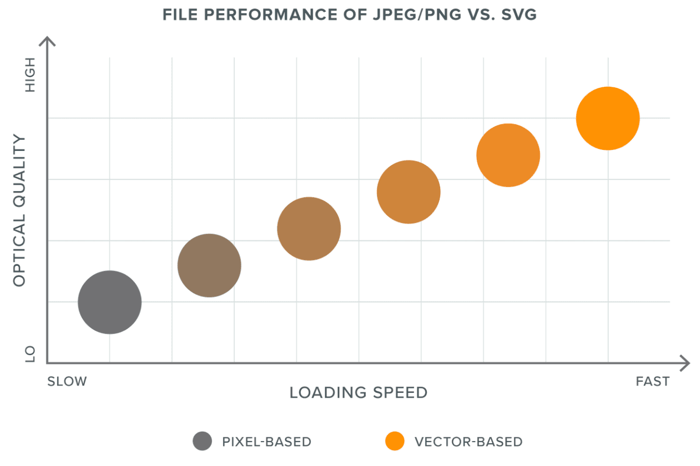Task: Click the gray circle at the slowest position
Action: (109, 302)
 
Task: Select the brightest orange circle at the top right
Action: (608, 118)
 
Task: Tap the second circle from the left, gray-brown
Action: (209, 265)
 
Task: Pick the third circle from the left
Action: (309, 229)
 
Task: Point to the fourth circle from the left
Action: (408, 192)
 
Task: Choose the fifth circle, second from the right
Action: (508, 155)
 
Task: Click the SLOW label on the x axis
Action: (67, 381)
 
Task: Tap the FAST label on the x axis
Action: (652, 381)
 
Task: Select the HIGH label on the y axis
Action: (30, 75)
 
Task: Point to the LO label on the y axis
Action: (30, 354)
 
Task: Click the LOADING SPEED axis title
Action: (358, 393)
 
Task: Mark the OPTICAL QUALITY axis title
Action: (20, 211)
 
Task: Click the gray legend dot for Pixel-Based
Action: (202, 441)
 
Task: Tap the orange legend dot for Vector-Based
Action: (395, 441)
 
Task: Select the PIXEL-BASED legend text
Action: (267, 442)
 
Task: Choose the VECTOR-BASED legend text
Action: (468, 442)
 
